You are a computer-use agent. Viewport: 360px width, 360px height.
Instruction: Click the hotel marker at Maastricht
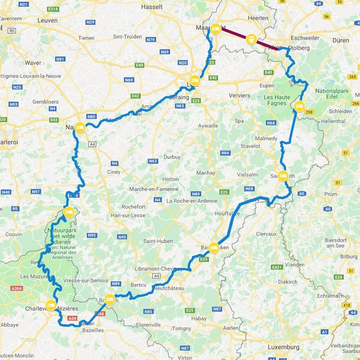(216, 29)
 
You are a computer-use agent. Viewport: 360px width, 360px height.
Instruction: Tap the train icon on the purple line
(251, 39)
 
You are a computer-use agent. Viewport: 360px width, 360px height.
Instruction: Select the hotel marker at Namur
(80, 127)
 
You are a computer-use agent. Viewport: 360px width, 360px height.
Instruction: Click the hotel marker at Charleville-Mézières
(51, 305)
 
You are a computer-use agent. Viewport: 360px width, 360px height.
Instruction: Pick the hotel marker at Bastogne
(214, 248)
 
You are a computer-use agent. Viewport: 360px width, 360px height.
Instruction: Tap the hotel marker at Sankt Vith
(283, 175)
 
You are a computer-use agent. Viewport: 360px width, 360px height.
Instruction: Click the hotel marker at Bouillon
(110, 299)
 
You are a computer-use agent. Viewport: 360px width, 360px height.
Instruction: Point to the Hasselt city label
(152, 7)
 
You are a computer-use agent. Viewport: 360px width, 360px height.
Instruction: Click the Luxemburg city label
(283, 347)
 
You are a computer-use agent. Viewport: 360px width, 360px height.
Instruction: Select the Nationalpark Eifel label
(332, 94)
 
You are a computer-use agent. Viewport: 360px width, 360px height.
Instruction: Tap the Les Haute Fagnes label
(277, 100)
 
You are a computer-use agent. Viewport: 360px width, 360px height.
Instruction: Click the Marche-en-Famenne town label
(154, 189)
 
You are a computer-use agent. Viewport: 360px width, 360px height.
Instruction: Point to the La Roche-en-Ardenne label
(192, 201)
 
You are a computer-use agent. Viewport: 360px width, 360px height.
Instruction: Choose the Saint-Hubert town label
(158, 241)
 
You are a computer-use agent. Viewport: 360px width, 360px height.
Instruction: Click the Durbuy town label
(172, 157)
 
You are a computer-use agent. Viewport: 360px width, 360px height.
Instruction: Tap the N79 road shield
(151, 40)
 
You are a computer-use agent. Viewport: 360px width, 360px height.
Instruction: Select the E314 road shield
(53, 9)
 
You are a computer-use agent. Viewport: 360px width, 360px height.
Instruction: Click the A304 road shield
(16, 288)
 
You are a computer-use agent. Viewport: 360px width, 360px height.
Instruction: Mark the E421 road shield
(277, 267)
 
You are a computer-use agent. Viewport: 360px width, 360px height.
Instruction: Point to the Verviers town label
(239, 95)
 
